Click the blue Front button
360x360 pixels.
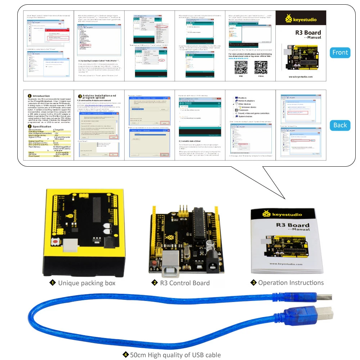(x=340, y=53)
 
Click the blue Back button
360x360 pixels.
(x=340, y=125)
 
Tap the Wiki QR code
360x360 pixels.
(x=241, y=68)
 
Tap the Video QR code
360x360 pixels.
(x=261, y=68)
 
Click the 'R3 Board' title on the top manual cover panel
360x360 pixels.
(x=308, y=32)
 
